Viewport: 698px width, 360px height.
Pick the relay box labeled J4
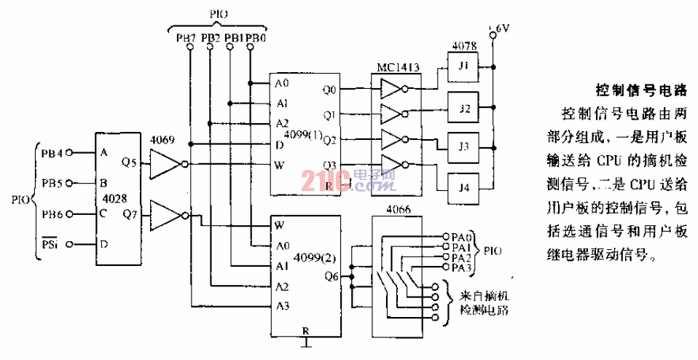point(464,187)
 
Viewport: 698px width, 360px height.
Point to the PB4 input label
point(52,154)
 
